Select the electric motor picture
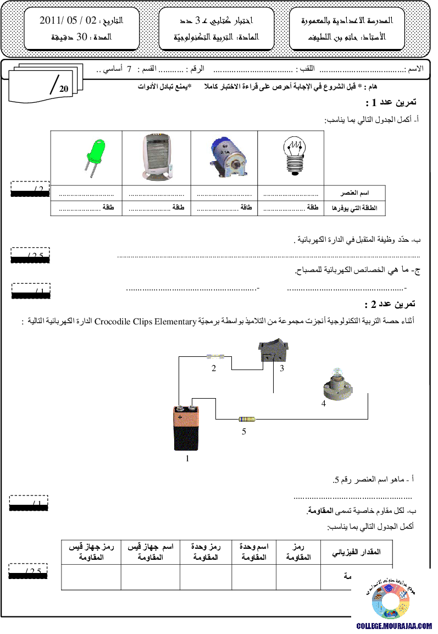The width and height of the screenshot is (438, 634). [x=227, y=156]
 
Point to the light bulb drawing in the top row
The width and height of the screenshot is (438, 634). [x=295, y=156]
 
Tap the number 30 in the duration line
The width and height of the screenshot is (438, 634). [x=81, y=38]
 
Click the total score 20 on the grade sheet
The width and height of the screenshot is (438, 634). [x=64, y=88]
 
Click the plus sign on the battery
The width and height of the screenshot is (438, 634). [x=179, y=417]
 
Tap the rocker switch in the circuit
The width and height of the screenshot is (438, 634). [x=273, y=350]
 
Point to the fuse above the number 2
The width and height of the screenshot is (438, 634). [x=214, y=356]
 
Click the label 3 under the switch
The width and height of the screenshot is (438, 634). [x=282, y=368]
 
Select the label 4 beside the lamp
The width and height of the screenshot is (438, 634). [x=324, y=404]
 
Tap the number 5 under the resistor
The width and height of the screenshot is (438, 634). [x=244, y=432]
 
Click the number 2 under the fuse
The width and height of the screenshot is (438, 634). [x=214, y=368]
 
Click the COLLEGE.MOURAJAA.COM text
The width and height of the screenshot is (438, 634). [x=394, y=626]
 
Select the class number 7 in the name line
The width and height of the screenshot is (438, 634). [x=130, y=70]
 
